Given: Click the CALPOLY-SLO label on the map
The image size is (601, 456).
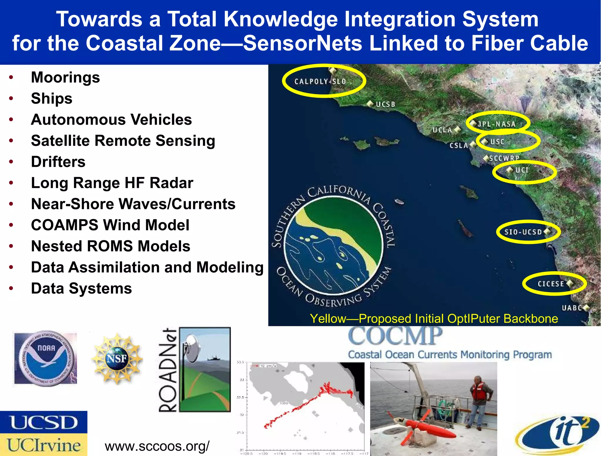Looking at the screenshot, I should point(320,82).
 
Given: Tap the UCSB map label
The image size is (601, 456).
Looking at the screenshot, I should point(386,104).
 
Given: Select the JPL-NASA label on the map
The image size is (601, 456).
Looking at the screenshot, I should point(497,124).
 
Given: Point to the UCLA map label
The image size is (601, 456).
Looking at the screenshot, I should point(442,130).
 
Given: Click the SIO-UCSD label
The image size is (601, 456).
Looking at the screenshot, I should point(523,232).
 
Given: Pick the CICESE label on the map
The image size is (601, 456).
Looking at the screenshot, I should point(551,284).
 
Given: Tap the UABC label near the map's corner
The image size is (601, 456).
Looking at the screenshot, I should point(572,308).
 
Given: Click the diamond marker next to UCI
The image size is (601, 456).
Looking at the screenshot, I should point(510,170).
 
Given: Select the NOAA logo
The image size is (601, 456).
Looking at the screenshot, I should point(45,358).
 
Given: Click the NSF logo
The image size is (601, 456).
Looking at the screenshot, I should point(117,359).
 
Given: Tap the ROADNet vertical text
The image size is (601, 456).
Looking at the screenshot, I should point(168,370).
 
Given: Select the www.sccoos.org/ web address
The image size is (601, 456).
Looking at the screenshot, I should point(157,446).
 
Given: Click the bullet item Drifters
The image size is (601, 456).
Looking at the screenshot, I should point(58,162).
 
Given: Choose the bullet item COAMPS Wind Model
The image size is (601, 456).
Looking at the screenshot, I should point(110,225).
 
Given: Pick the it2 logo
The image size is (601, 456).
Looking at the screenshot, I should point(558,435).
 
